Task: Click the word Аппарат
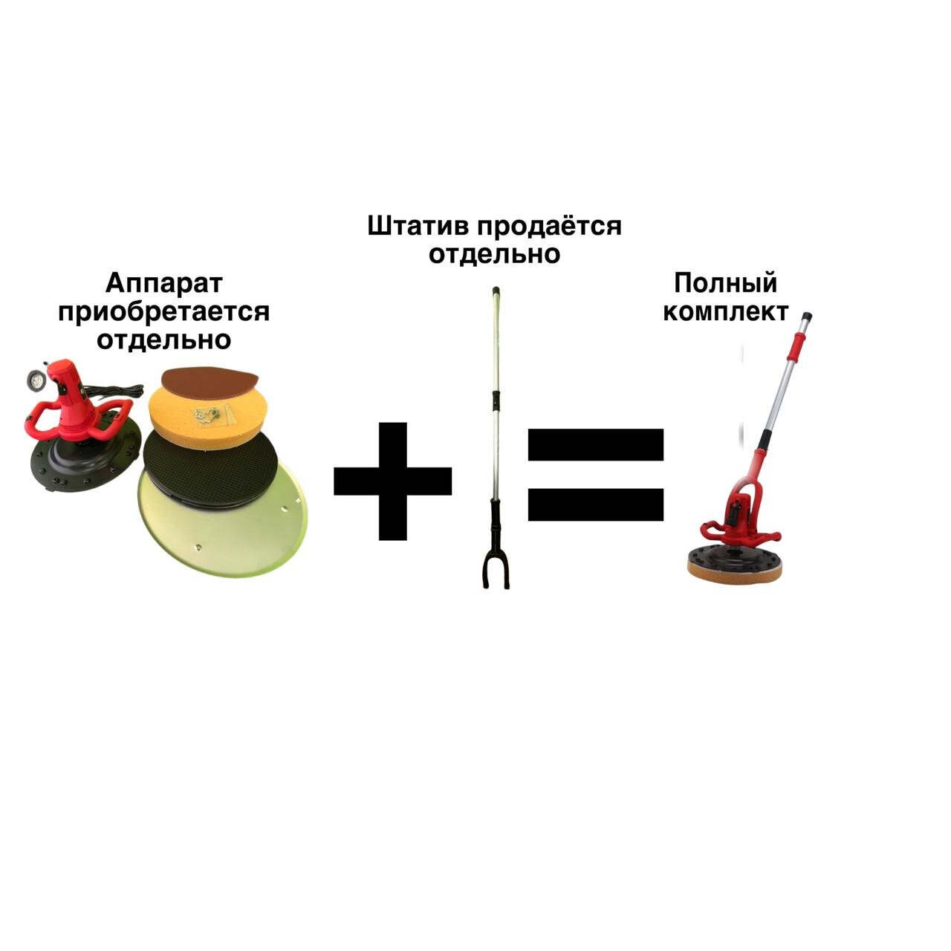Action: [x=163, y=283]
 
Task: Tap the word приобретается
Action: [x=163, y=311]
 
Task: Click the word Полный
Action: [x=725, y=283]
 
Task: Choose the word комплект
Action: [x=725, y=311]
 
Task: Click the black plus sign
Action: [x=392, y=481]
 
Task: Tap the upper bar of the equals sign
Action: [x=595, y=444]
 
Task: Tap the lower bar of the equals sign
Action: [x=595, y=504]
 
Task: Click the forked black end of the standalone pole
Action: [x=493, y=568]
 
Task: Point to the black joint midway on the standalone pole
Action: [x=494, y=402]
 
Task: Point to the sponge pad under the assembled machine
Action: [x=736, y=571]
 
